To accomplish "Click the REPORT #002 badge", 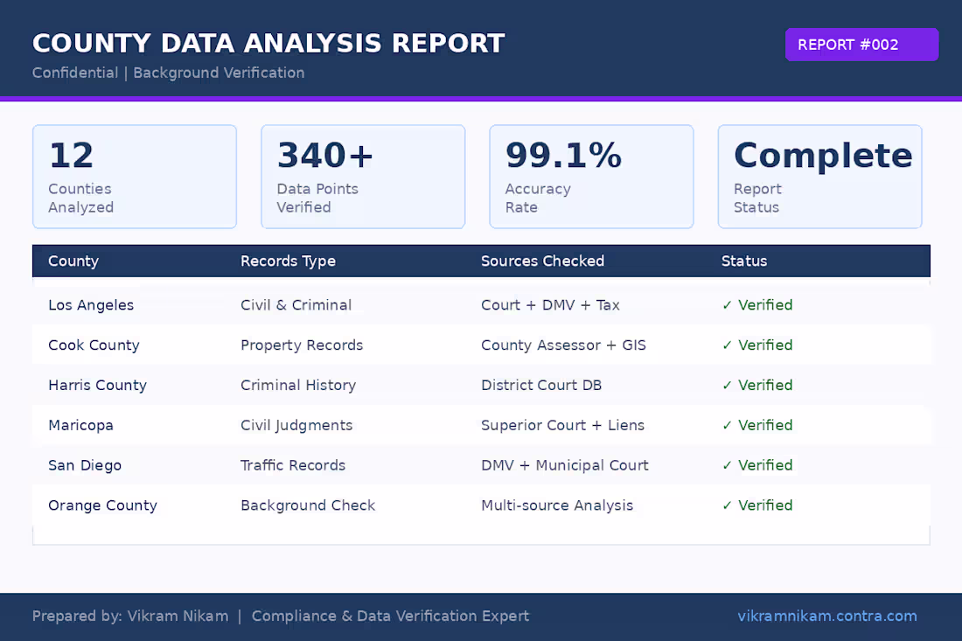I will pyautogui.click(x=861, y=45).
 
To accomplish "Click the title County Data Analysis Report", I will pyautogui.click(x=268, y=43).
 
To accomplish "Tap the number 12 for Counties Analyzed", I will pyautogui.click(x=71, y=156).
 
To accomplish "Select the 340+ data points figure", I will pyautogui.click(x=325, y=156).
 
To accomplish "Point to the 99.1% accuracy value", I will pyautogui.click(x=563, y=156).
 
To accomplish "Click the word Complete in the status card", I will pyautogui.click(x=822, y=156).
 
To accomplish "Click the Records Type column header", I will pyautogui.click(x=288, y=261).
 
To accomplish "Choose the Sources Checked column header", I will pyautogui.click(x=542, y=261).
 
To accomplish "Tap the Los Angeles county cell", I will pyautogui.click(x=91, y=305).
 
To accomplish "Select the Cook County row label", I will pyautogui.click(x=94, y=345).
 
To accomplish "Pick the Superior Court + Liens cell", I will pyautogui.click(x=562, y=425).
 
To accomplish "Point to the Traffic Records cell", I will pyautogui.click(x=293, y=465).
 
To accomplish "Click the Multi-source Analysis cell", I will pyautogui.click(x=557, y=505).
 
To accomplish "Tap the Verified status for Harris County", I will pyautogui.click(x=764, y=385).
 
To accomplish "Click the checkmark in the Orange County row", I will pyautogui.click(x=727, y=505).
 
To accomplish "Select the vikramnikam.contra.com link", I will pyautogui.click(x=826, y=616).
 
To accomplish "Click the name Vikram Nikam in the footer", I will pyautogui.click(x=178, y=616).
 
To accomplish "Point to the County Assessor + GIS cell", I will pyautogui.click(x=563, y=345).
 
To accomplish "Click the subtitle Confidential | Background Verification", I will pyautogui.click(x=168, y=73).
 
